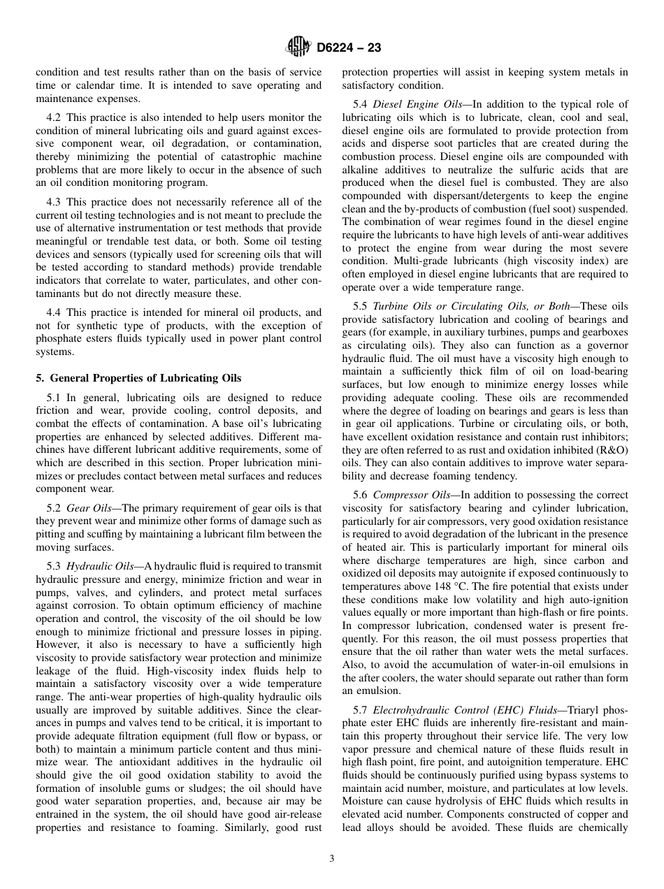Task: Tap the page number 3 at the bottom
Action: click(x=331, y=859)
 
